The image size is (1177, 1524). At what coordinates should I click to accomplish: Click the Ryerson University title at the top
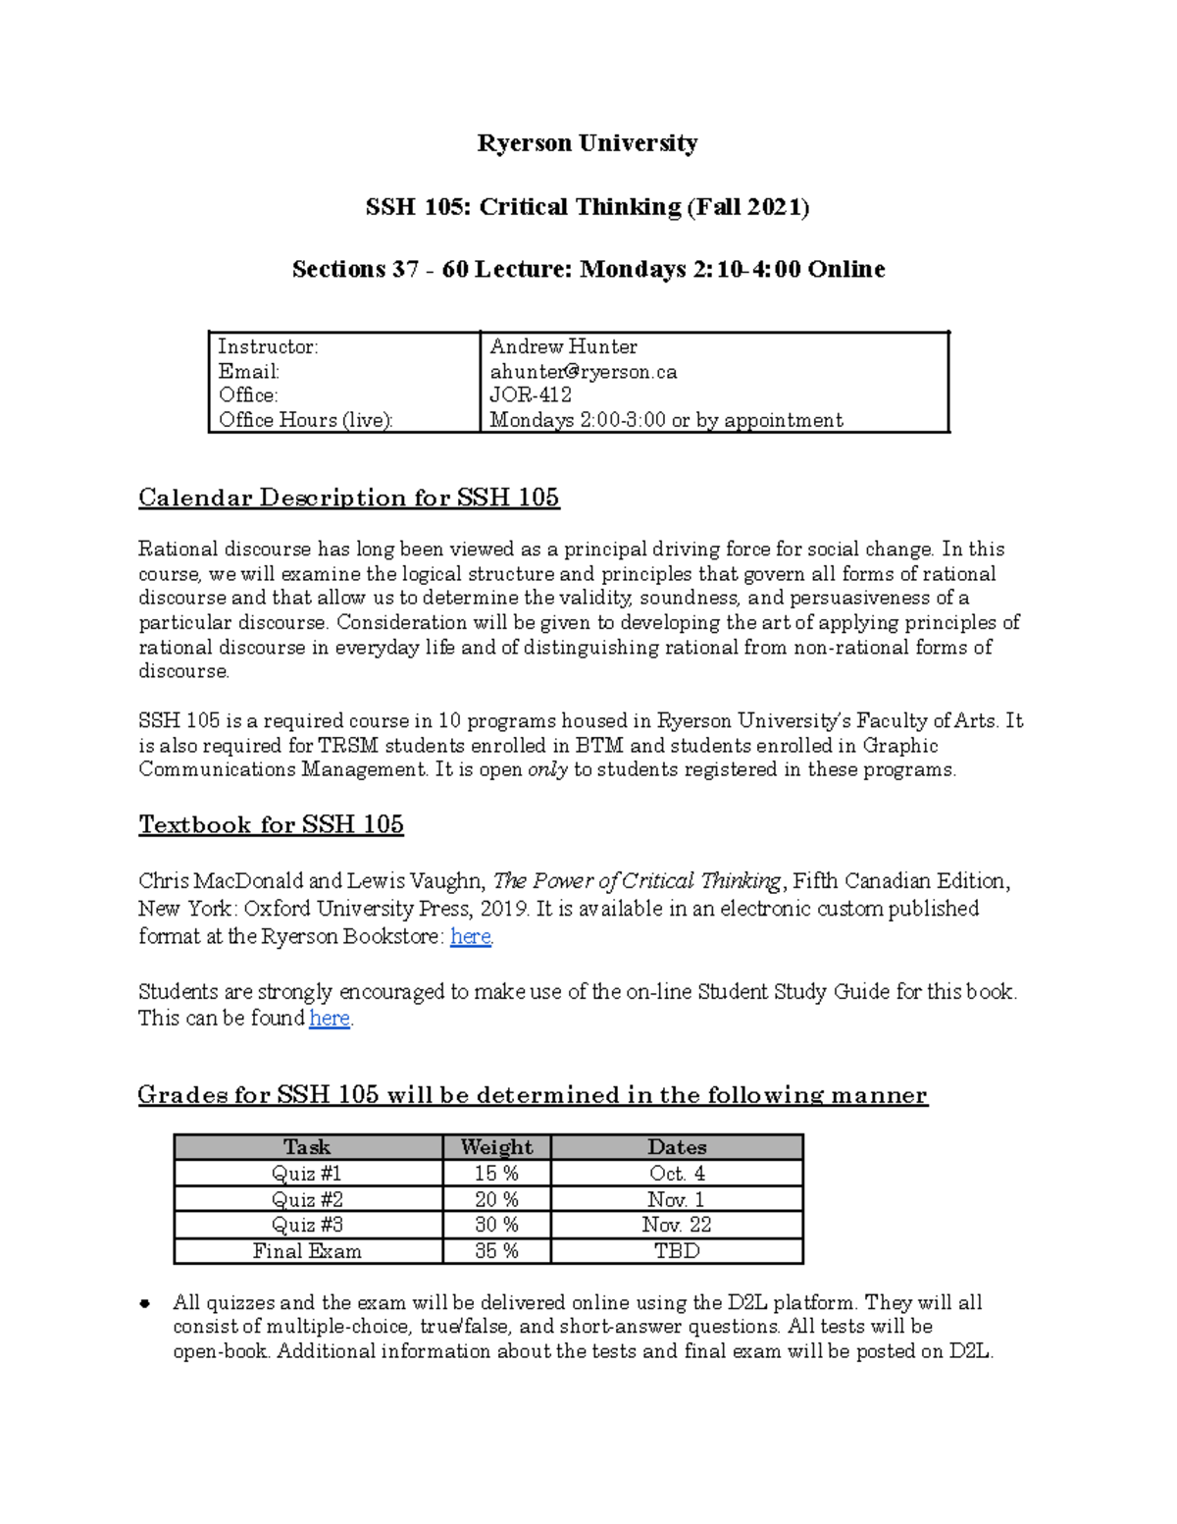[587, 143]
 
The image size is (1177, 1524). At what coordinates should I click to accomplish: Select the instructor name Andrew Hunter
[563, 346]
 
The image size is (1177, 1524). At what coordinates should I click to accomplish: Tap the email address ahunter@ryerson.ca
[584, 372]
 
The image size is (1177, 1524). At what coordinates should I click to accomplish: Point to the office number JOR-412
[531, 395]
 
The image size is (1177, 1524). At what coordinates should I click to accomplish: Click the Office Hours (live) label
[305, 420]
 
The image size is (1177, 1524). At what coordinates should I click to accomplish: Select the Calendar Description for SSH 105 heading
[348, 498]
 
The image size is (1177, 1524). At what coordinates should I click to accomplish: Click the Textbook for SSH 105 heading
[271, 824]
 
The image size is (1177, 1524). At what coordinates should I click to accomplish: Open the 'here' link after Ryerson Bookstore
[470, 936]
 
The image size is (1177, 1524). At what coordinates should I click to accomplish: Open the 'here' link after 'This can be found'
[330, 1019]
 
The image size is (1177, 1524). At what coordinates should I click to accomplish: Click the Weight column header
[496, 1147]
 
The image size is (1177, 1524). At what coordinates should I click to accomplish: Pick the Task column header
[307, 1147]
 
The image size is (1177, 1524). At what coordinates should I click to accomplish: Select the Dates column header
[677, 1147]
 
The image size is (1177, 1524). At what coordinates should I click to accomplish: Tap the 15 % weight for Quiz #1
[496, 1174]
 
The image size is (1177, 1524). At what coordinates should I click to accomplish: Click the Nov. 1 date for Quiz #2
[676, 1199]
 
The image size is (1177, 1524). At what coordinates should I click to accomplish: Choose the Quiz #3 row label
[307, 1225]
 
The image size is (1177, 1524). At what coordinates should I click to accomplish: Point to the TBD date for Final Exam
[677, 1251]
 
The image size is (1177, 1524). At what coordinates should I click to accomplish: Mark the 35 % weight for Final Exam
[496, 1251]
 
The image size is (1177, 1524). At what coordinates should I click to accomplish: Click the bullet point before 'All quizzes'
[145, 1304]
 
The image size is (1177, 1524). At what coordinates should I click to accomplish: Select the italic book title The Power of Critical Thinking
[637, 881]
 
